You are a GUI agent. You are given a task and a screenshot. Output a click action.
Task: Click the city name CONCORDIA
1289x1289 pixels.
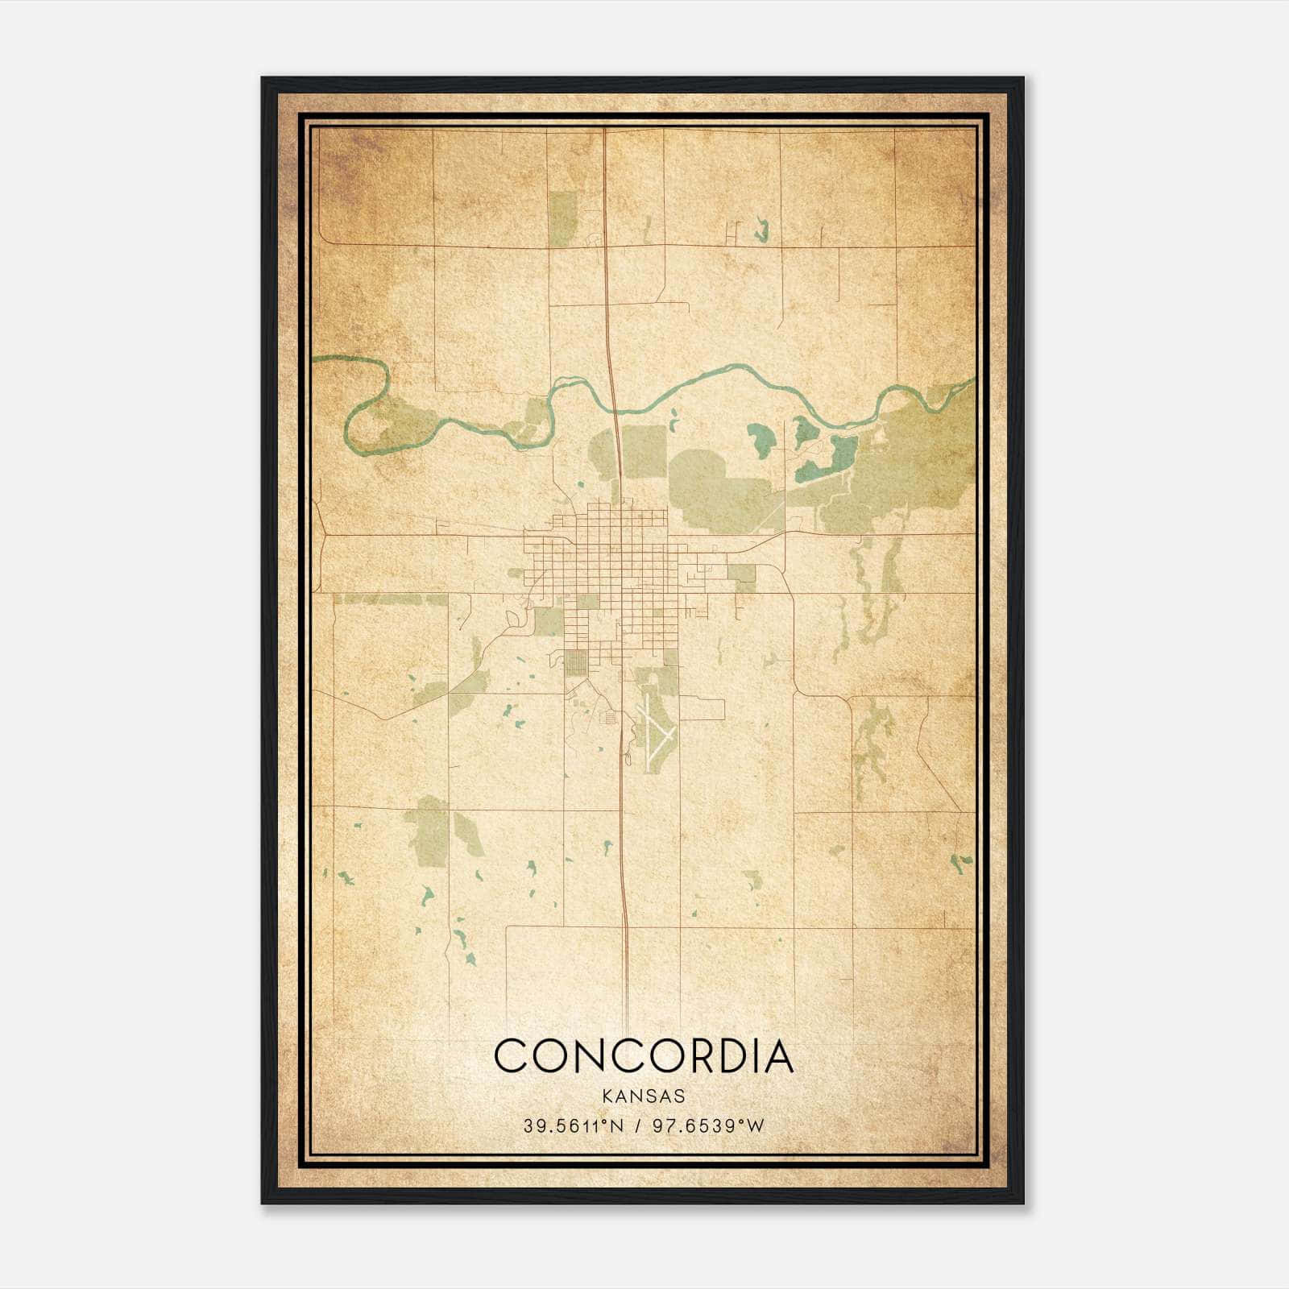click(644, 1056)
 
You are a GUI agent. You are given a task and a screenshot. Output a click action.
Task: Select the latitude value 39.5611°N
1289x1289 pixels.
click(573, 1125)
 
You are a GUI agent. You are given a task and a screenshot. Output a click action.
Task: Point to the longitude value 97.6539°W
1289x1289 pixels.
click(704, 1125)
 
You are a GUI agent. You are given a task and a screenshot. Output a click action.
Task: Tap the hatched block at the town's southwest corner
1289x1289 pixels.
click(575, 661)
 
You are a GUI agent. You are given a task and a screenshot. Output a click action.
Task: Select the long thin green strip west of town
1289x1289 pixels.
click(390, 599)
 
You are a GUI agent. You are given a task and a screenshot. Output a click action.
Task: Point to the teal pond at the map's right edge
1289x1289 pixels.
click(961, 862)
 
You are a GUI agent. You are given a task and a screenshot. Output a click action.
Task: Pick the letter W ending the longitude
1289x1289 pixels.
click(756, 1125)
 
